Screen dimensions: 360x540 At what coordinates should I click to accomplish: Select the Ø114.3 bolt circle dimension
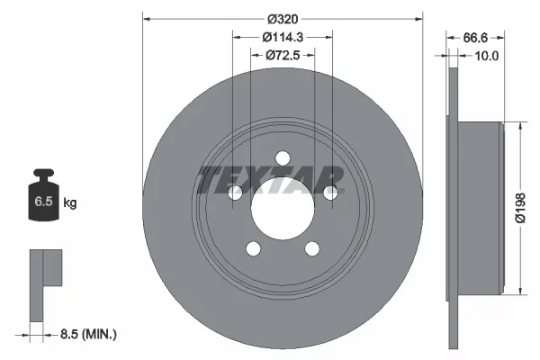pyautogui.click(x=282, y=37)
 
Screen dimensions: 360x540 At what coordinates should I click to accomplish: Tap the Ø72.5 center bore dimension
pyautogui.click(x=282, y=56)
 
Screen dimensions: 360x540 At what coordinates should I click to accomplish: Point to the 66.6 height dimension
pyautogui.click(x=475, y=37)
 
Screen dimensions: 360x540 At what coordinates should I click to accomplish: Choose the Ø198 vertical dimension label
pyautogui.click(x=521, y=208)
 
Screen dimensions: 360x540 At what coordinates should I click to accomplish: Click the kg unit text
pyautogui.click(x=70, y=204)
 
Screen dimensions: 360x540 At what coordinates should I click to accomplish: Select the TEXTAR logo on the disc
pyautogui.click(x=270, y=179)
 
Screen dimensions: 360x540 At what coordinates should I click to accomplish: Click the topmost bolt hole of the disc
pyautogui.click(x=282, y=159)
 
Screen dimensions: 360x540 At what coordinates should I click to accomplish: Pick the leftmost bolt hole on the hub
pyautogui.click(x=235, y=193)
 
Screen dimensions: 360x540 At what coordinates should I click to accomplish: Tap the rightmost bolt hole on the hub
pyautogui.click(x=329, y=193)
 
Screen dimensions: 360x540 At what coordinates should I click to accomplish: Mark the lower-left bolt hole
pyautogui.click(x=253, y=248)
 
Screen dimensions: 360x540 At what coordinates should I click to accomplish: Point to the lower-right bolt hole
pyautogui.click(x=311, y=248)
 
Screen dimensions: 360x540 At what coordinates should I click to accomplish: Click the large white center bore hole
pyautogui.click(x=282, y=209)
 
